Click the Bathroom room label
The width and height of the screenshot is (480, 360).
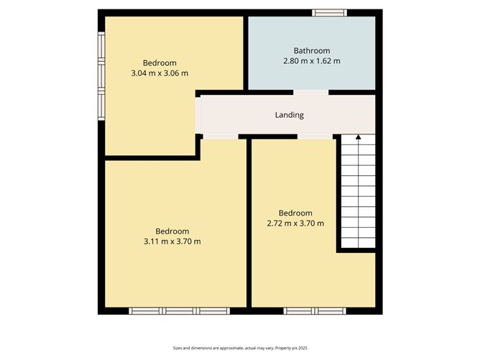pyautogui.click(x=311, y=50)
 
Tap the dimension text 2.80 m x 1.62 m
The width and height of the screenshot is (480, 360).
pyautogui.click(x=311, y=61)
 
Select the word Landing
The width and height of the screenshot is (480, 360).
pyautogui.click(x=290, y=115)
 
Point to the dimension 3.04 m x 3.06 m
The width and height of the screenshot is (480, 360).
pyautogui.click(x=160, y=73)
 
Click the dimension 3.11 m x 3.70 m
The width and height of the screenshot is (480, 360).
pyautogui.click(x=172, y=241)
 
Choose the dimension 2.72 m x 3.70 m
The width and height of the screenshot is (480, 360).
pyautogui.click(x=296, y=223)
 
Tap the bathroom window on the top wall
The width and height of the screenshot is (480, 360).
pyautogui.click(x=329, y=12)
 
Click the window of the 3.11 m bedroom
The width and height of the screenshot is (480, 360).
pyautogui.click(x=179, y=311)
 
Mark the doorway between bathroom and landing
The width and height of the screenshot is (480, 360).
pyautogui.click(x=310, y=92)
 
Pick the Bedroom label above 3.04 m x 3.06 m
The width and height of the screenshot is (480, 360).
pyautogui.click(x=160, y=63)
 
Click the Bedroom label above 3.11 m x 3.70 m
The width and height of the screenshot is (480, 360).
pyautogui.click(x=172, y=231)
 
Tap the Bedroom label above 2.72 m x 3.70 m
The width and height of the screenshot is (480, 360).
pyautogui.click(x=296, y=213)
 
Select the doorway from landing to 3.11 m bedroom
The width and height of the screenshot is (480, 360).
pyautogui.click(x=220, y=137)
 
